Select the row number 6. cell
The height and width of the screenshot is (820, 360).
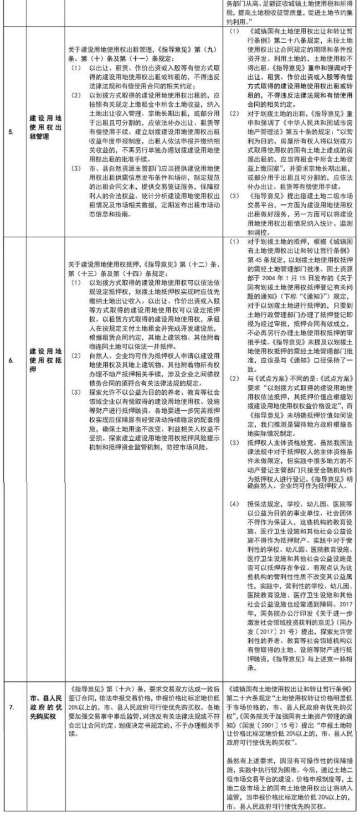(11, 352)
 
